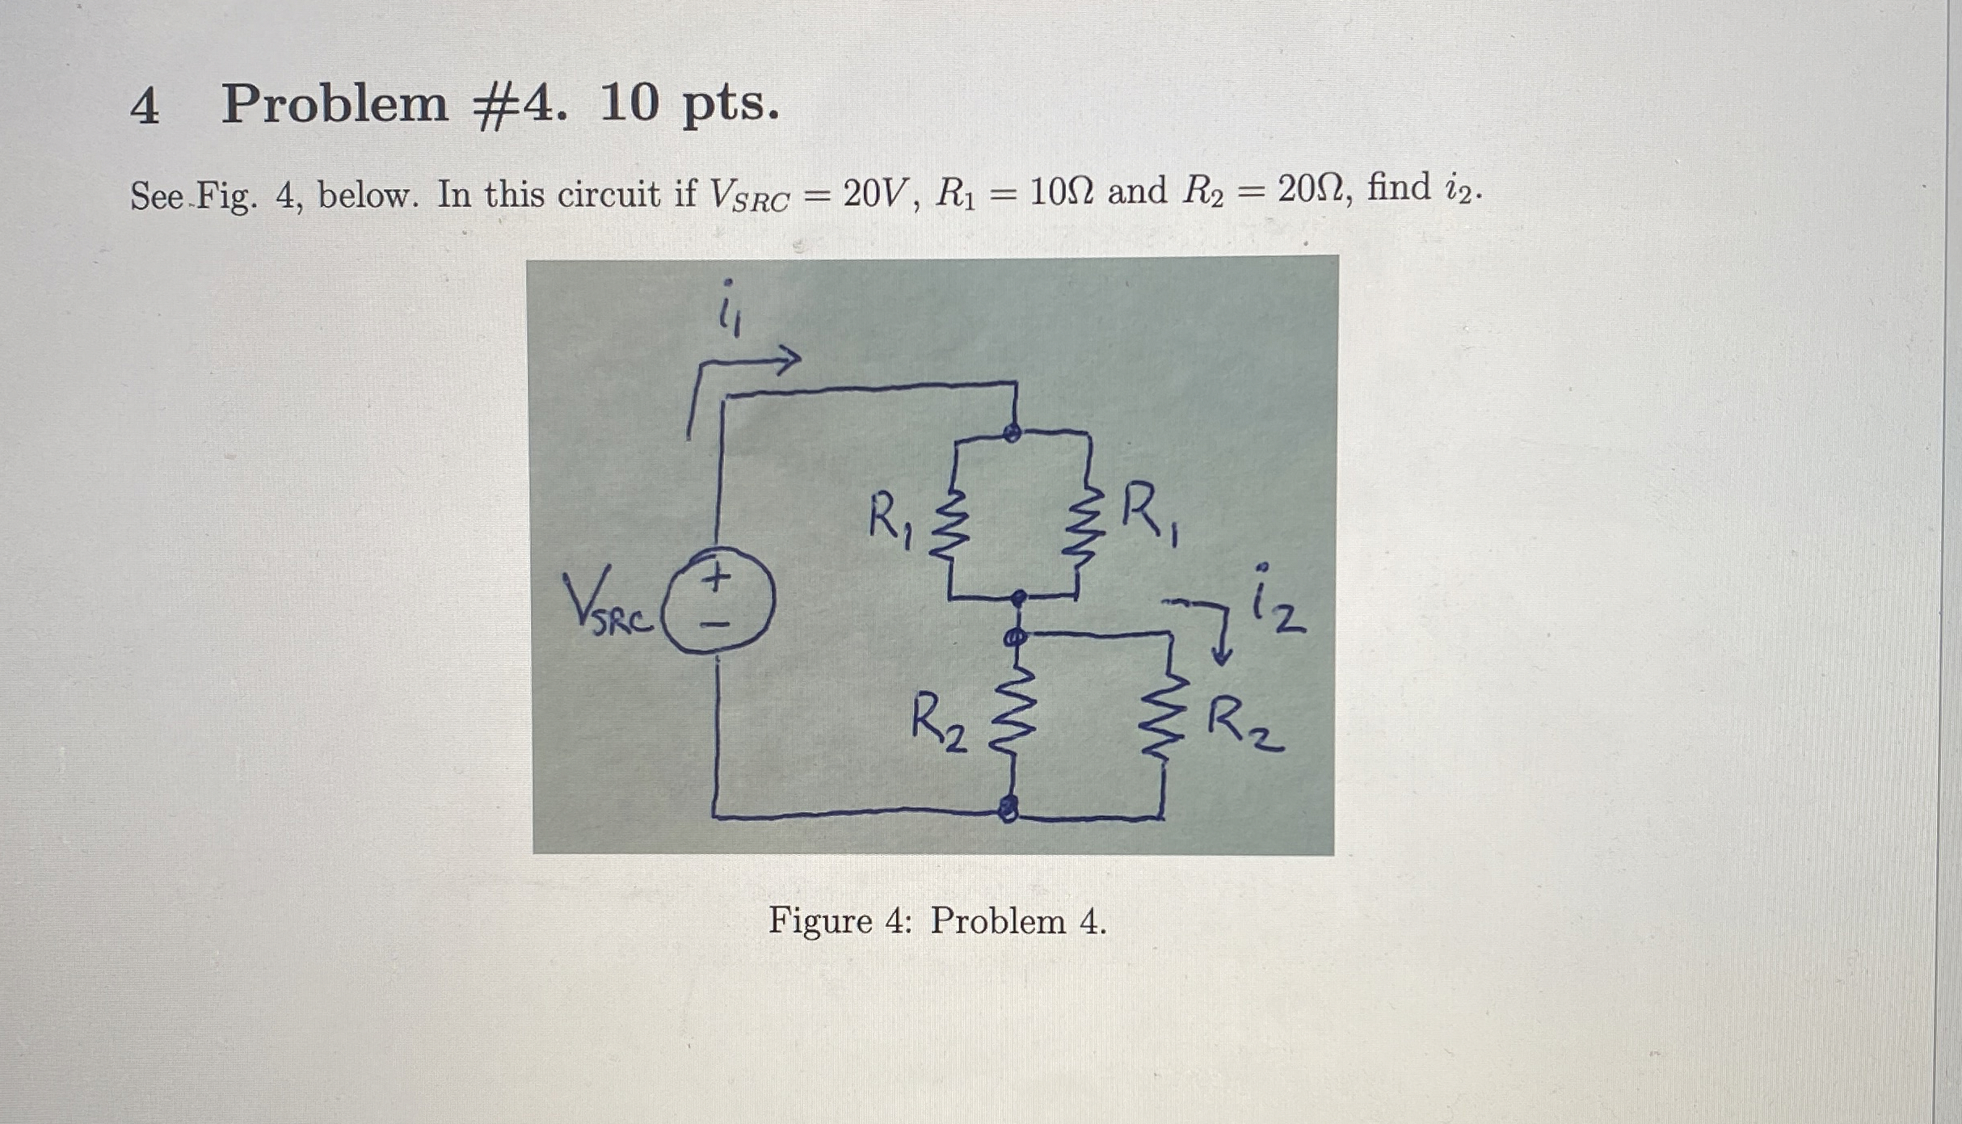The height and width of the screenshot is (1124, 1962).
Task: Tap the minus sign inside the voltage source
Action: pos(716,624)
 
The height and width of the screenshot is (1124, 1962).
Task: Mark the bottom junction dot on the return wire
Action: pos(1008,806)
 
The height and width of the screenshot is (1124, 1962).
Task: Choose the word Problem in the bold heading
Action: pos(335,106)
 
